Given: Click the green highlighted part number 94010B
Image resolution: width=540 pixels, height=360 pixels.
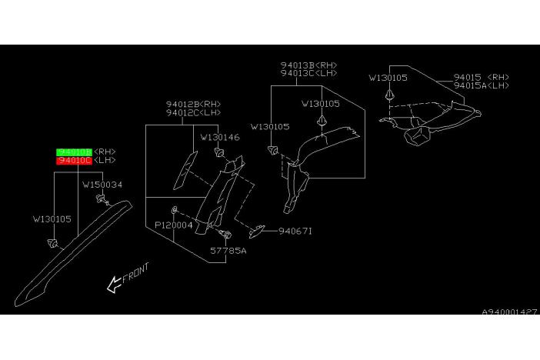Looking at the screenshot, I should (74, 152).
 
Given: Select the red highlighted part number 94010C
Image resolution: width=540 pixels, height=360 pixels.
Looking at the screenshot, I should (74, 161).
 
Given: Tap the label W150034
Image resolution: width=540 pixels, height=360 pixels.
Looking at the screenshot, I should (102, 185).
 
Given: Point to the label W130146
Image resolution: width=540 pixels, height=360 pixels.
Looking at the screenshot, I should (220, 137).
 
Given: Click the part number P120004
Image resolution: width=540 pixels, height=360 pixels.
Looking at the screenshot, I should (174, 225).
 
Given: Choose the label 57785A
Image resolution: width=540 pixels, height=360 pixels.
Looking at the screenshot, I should (229, 250).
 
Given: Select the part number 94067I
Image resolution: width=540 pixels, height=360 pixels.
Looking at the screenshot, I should (296, 230).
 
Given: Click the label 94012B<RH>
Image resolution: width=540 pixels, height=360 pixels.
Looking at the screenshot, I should (193, 105).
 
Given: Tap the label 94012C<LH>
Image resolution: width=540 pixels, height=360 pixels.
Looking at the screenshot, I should (193, 114).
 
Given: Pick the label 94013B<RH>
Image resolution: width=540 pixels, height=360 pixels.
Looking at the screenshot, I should (308, 65).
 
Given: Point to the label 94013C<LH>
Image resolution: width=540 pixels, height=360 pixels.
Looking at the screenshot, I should (308, 74).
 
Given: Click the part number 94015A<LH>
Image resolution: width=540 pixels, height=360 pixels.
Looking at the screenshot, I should (481, 86).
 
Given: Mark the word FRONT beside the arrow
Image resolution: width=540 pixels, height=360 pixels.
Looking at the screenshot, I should (136, 273).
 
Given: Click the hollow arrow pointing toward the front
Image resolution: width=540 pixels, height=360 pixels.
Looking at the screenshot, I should (114, 285).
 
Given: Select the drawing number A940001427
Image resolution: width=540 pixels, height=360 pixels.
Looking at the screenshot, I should (508, 312).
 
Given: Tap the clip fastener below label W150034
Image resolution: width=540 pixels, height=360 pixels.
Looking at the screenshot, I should (100, 200).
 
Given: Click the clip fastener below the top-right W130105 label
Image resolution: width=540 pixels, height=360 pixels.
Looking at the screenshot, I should (391, 95).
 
